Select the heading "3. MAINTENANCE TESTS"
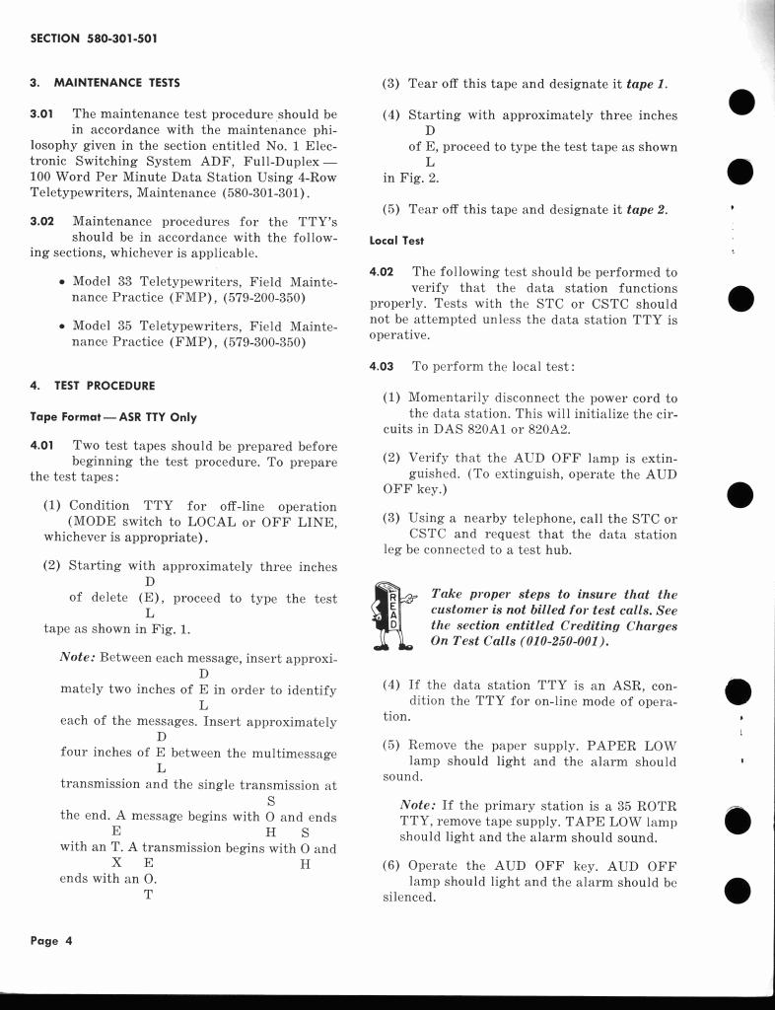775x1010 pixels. [x=105, y=82]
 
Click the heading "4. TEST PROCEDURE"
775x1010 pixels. [x=92, y=385]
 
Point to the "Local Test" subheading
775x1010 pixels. [x=395, y=240]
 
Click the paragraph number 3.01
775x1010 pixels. [x=43, y=114]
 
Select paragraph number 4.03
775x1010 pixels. [x=382, y=366]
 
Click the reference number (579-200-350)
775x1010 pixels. [x=253, y=297]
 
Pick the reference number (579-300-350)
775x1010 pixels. [x=253, y=342]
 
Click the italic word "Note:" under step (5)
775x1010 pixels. [x=419, y=806]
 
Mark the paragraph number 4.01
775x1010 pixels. [x=44, y=446]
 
